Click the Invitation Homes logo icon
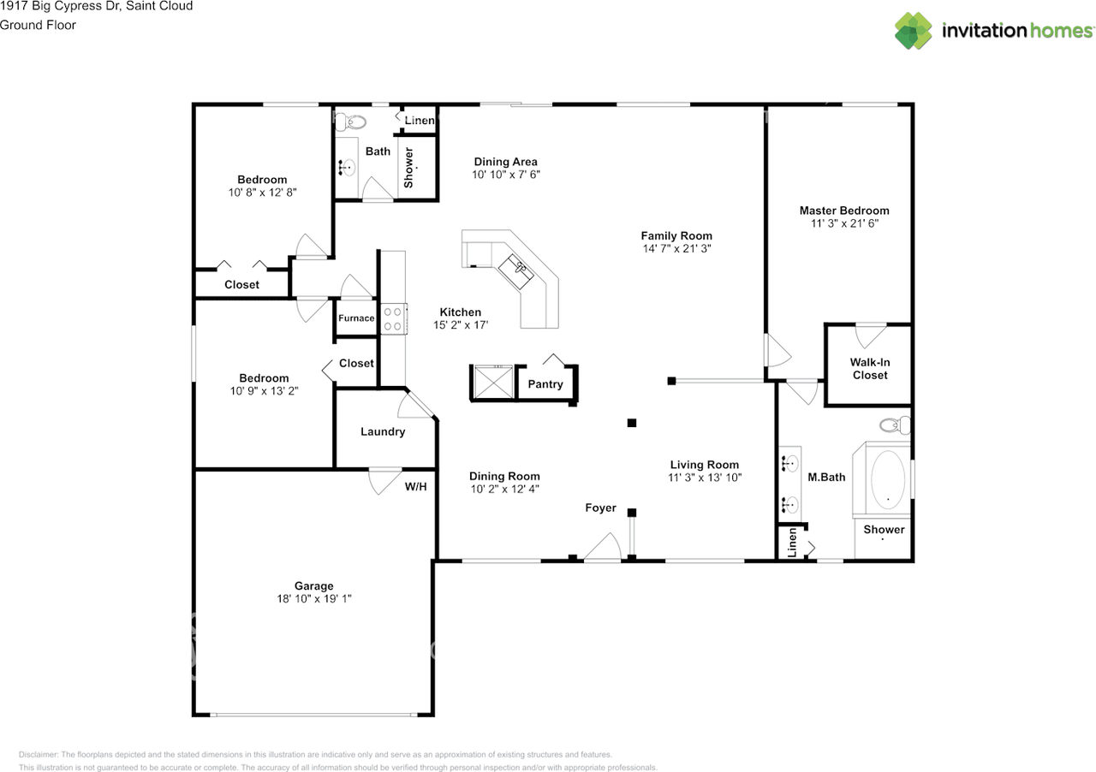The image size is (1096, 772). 913,31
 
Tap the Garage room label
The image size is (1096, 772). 313,585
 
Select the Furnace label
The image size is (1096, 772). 356,318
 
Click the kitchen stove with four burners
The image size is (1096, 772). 394,319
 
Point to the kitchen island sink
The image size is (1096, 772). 516,271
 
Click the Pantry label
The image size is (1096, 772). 545,384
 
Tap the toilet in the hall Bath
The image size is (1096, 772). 351,122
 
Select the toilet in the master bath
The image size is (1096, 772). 895,425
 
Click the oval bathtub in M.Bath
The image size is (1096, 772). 888,480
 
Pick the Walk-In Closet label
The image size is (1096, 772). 869,368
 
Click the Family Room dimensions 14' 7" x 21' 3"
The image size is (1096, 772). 676,248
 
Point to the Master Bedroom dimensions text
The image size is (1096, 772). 844,223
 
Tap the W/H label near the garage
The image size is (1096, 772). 415,486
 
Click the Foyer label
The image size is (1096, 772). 600,508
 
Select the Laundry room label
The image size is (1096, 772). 383,431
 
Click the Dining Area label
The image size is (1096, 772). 505,162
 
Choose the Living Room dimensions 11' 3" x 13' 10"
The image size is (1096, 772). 705,478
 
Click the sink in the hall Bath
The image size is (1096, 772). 347,167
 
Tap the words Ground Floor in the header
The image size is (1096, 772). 38,25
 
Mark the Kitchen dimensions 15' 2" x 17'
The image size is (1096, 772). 461,325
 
